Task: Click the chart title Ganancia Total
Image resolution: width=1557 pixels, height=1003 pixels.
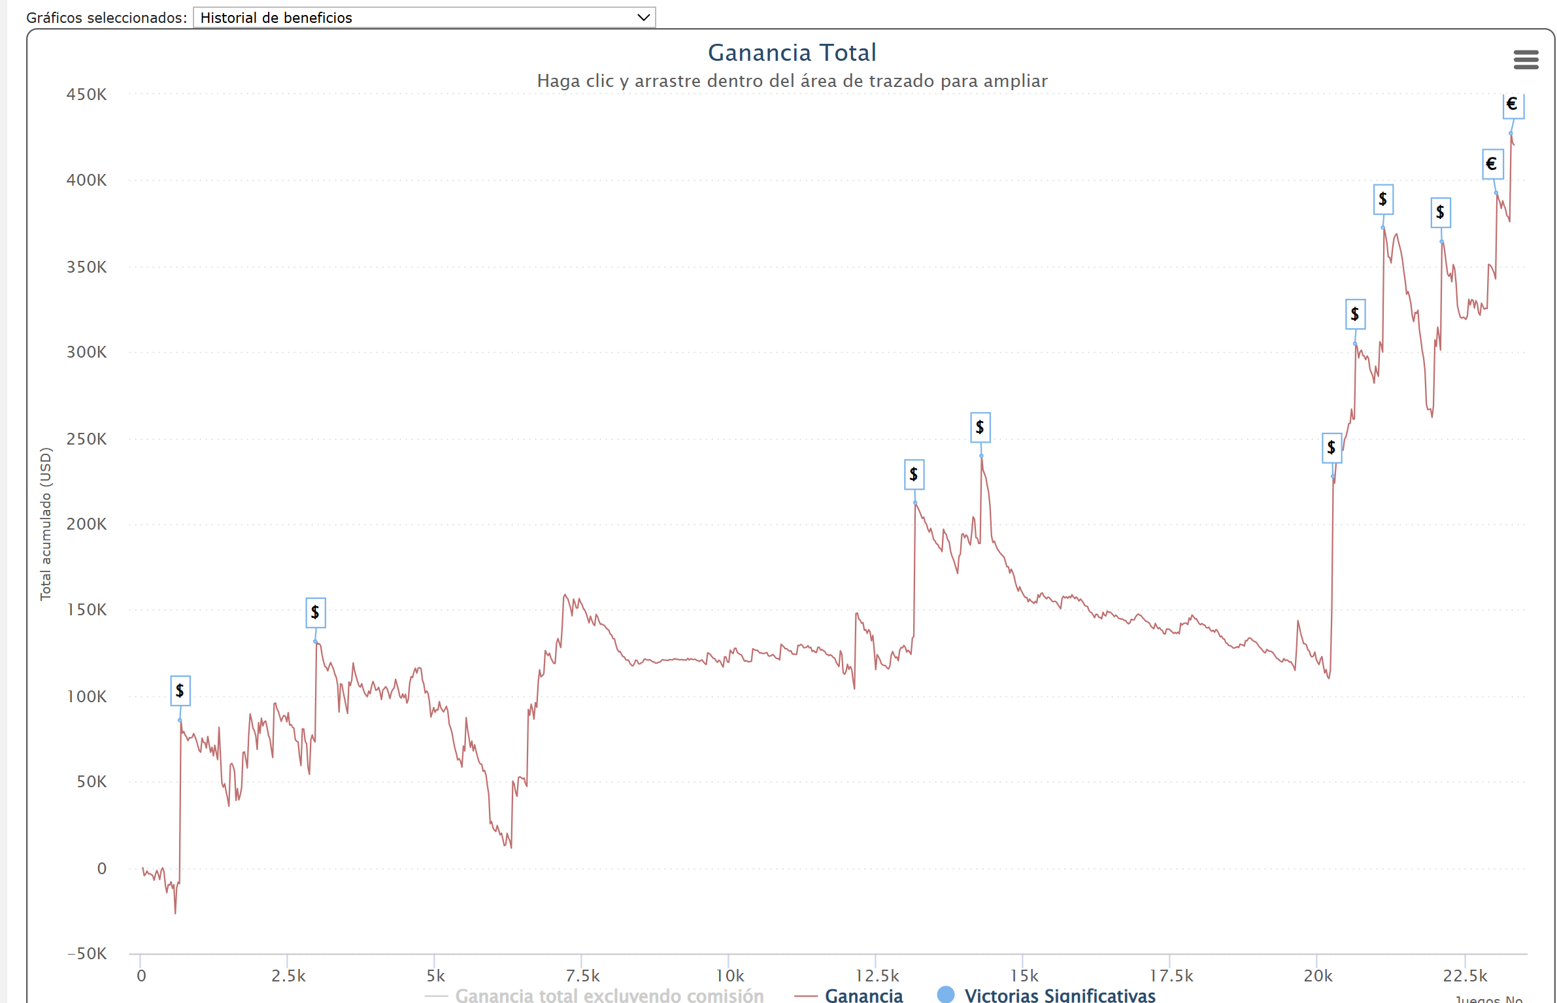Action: click(x=792, y=52)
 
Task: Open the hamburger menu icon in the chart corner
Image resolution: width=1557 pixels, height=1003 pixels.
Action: click(x=1526, y=59)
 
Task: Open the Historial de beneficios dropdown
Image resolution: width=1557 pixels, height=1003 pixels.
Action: click(x=424, y=18)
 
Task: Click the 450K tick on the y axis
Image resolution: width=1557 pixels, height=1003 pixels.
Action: click(x=86, y=95)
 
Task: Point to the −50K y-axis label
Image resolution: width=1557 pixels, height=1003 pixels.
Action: click(x=87, y=953)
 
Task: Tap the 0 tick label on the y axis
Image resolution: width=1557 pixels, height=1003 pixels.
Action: click(x=102, y=868)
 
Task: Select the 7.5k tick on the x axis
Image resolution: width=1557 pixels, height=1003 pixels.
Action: click(x=582, y=976)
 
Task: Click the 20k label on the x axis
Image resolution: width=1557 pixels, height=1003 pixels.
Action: click(x=1318, y=976)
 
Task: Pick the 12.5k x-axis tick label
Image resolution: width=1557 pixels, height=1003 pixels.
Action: click(x=877, y=976)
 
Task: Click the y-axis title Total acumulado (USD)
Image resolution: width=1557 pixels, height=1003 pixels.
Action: click(x=45, y=524)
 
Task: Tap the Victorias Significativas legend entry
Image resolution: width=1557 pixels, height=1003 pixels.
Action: click(x=1059, y=995)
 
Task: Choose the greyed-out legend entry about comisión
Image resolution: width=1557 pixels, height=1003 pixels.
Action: click(x=609, y=995)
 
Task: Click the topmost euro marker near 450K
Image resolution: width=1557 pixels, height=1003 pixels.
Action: click(x=1513, y=105)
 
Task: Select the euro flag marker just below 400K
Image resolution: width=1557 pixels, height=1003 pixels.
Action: click(x=1492, y=164)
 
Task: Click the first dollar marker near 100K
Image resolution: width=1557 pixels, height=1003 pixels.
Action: click(x=180, y=690)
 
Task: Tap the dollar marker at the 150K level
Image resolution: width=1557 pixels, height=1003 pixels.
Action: click(x=316, y=613)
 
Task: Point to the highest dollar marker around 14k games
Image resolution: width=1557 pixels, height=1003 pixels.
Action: click(x=980, y=428)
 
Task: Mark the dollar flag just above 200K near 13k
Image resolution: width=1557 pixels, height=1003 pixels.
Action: click(x=914, y=475)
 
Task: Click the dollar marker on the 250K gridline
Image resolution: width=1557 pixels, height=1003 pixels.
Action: click(x=1331, y=448)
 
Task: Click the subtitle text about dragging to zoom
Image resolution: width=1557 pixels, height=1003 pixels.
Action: click(x=792, y=81)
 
